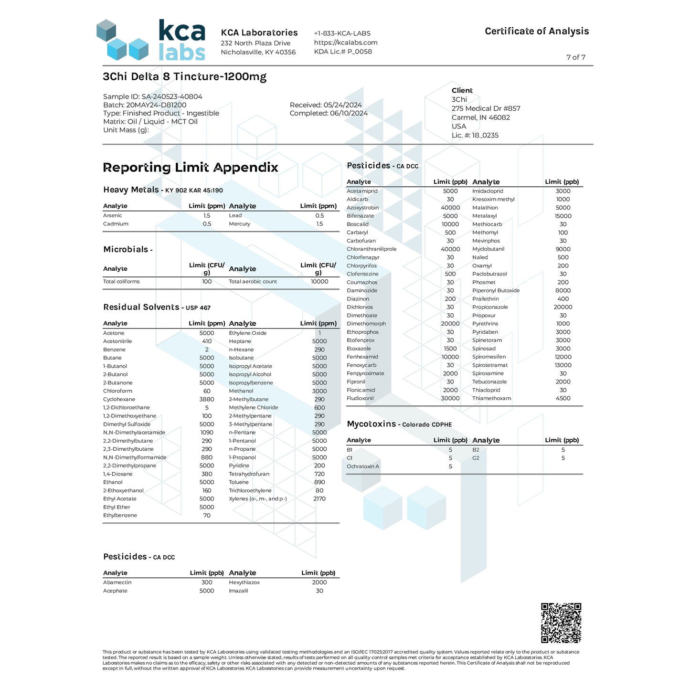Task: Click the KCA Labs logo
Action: click(x=151, y=40)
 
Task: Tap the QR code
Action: click(x=561, y=623)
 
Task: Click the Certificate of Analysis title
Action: click(x=537, y=32)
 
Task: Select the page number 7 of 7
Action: click(x=575, y=57)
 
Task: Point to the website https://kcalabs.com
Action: click(x=346, y=42)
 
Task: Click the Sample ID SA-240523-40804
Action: click(x=153, y=96)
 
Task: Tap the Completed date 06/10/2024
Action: click(x=329, y=113)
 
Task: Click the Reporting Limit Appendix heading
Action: click(x=191, y=168)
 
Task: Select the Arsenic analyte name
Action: click(x=113, y=215)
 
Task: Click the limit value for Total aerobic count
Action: click(x=319, y=282)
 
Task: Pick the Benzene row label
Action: click(x=115, y=350)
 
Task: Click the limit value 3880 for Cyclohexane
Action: click(x=207, y=399)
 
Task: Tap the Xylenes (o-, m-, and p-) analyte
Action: click(x=258, y=499)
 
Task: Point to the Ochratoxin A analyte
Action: click(x=363, y=467)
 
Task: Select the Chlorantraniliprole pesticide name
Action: click(x=372, y=249)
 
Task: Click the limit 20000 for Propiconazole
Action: click(x=563, y=307)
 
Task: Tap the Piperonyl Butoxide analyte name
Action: click(x=496, y=290)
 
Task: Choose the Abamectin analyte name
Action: click(x=117, y=583)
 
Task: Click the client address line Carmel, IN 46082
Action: click(x=480, y=117)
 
